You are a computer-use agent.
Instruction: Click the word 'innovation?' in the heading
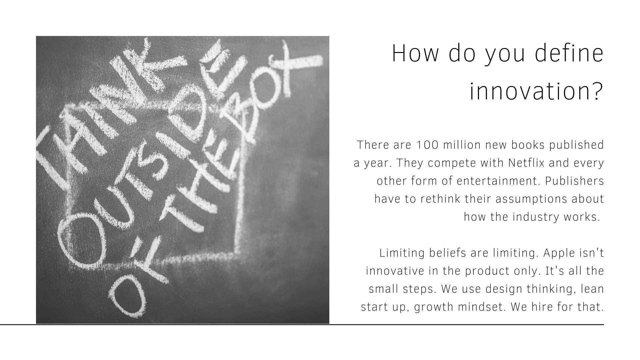pos(537,91)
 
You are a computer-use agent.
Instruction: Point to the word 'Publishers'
pos(575,181)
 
